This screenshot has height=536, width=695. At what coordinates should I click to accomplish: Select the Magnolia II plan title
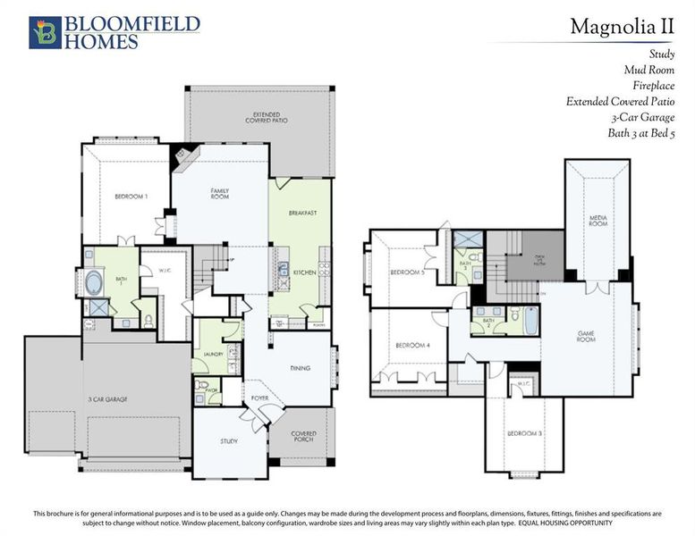[x=622, y=27]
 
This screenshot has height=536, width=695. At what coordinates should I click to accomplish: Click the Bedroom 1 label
[x=131, y=196]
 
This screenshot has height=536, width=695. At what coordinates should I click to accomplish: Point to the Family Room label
[x=220, y=193]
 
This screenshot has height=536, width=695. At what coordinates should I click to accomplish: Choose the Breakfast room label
[x=304, y=214]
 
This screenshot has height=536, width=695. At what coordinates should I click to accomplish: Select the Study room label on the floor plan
[x=229, y=441]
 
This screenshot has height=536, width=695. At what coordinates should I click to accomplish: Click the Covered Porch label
[x=304, y=438]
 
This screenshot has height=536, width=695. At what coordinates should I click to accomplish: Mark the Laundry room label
[x=213, y=355]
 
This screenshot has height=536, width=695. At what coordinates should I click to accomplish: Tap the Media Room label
[x=598, y=220]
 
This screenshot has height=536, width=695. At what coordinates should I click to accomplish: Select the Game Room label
[x=586, y=336]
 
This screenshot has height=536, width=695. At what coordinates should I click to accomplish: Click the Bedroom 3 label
[x=526, y=433]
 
